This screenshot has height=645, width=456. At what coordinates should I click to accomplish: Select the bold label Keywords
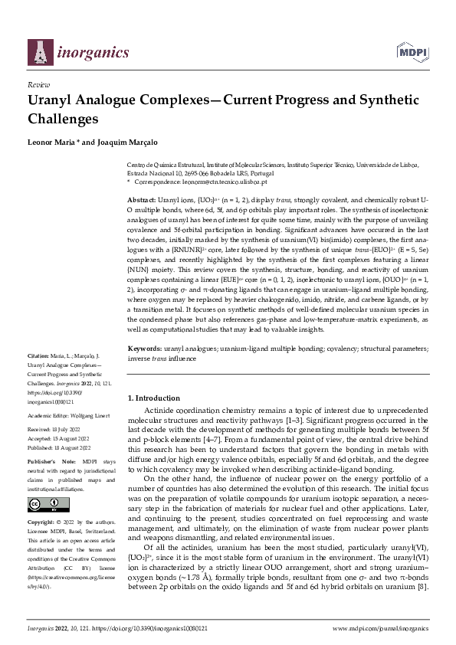pos(144,348)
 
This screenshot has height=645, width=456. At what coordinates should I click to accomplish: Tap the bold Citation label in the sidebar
pos(38,357)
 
